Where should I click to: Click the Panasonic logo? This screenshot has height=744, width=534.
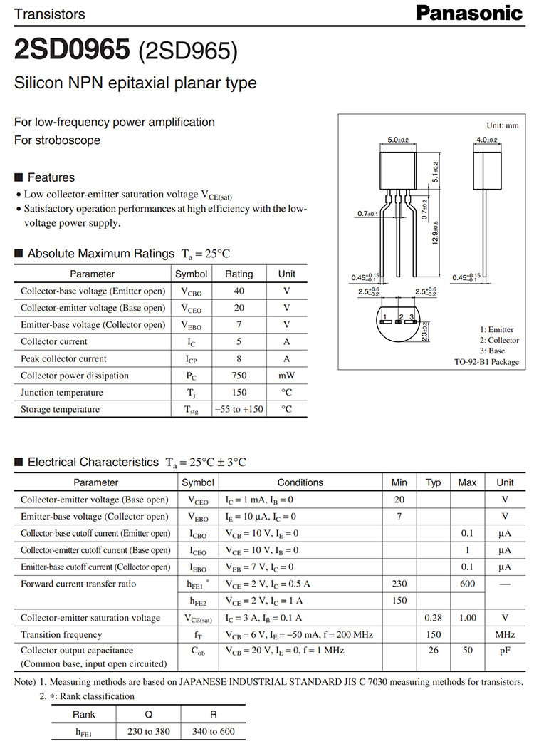point(469,13)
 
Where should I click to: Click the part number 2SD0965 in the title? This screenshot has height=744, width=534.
point(72,50)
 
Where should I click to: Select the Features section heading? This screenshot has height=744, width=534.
point(51,177)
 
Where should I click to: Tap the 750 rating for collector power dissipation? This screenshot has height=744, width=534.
point(239,376)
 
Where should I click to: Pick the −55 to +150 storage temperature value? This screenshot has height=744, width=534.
point(239,410)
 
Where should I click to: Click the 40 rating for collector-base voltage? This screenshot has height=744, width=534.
point(239,291)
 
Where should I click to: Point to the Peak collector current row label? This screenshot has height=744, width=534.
point(63,358)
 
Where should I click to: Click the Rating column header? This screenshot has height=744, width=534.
point(239,274)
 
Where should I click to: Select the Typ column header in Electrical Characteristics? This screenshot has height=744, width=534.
point(433,482)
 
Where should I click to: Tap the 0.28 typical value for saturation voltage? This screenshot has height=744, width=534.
point(433,618)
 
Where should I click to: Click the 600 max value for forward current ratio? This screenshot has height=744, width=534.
point(467,584)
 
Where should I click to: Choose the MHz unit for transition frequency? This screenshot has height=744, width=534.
point(504,635)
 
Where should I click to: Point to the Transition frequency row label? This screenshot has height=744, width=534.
point(61,635)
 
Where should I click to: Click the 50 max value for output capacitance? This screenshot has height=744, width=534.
point(467,651)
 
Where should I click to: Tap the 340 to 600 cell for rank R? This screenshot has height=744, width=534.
point(213,731)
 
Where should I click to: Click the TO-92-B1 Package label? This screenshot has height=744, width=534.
point(486,362)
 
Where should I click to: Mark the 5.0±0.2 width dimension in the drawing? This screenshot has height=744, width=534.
point(398,140)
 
